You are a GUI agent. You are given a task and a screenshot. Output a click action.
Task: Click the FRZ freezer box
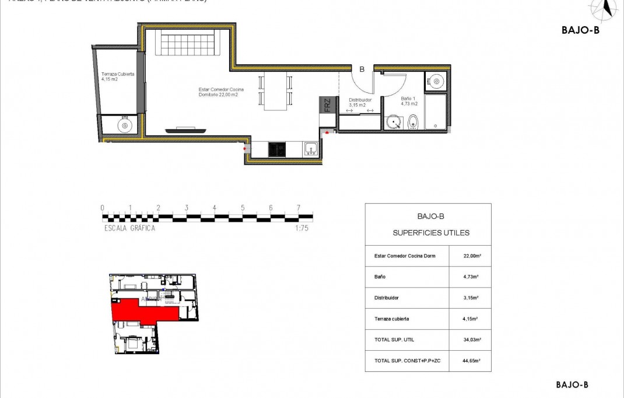pos(328,105)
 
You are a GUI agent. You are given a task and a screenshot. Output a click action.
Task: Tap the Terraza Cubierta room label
pos(118,76)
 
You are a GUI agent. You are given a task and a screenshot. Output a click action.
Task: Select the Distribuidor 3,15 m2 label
pos(360,102)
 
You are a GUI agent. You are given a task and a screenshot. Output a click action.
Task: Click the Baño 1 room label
pos(409,102)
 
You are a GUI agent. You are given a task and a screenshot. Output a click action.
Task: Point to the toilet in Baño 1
pos(413,122)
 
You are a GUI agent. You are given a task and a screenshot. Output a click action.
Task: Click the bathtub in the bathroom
pos(436,112)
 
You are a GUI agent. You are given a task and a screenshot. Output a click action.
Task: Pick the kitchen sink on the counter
pos(310,149)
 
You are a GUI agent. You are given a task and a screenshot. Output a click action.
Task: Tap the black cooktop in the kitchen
pos(277,149)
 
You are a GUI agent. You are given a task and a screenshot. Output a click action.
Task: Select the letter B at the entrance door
pos(362,69)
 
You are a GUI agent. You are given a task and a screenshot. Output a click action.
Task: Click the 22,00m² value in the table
pos(471,256)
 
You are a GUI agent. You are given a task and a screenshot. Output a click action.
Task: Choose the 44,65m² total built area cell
pos(471,361)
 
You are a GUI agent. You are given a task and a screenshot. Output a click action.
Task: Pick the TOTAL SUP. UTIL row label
pos(394,340)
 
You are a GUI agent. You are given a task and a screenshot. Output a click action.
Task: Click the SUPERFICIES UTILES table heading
pos(431,233)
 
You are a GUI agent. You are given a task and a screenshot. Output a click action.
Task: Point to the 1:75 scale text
pos(302,229)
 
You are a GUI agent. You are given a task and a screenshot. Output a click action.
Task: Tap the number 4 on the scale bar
pos(215,208)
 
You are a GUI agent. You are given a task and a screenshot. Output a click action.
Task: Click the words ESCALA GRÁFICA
pos(129,229)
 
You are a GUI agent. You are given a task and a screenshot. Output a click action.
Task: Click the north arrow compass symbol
pos(607,8)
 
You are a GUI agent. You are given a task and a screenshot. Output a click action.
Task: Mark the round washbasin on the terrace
pos(124,124)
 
